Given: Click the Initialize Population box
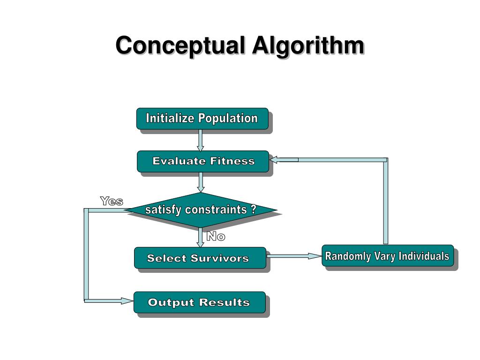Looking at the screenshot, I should [x=202, y=119].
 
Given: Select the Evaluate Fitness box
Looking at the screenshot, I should [x=203, y=161].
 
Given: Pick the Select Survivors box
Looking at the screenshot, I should [x=200, y=258].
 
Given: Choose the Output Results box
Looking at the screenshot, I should [x=199, y=302].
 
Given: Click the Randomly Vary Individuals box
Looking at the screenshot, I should [x=388, y=256].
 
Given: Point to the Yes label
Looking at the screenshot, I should [x=112, y=202].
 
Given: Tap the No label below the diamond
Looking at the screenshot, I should [x=216, y=237].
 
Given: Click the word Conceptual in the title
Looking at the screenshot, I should [x=180, y=46].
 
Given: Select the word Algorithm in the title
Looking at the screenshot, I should [x=308, y=46].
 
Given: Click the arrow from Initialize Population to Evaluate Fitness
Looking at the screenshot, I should [x=201, y=140].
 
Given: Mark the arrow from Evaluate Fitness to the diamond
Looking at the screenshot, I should [x=201, y=182].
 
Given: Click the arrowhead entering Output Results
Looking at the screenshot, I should [x=127, y=300].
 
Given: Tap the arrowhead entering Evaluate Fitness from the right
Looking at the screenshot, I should [x=276, y=160].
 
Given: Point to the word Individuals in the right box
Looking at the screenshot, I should [x=424, y=256].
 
